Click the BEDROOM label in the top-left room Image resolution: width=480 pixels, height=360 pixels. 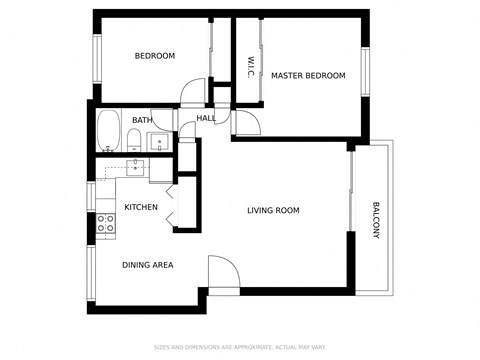pyautogui.click(x=155, y=56)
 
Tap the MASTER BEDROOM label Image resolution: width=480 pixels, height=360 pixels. pyautogui.click(x=308, y=76)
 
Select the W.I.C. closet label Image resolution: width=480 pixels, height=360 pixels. pyautogui.click(x=250, y=67)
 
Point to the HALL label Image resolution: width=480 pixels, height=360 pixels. pyautogui.click(x=206, y=118)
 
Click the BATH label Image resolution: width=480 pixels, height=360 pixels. pyautogui.click(x=142, y=121)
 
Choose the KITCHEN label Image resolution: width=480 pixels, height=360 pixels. pyautogui.click(x=141, y=207)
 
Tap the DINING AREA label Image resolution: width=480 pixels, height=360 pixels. pyautogui.click(x=148, y=265)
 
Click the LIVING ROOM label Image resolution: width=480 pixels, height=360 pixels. pyautogui.click(x=274, y=210)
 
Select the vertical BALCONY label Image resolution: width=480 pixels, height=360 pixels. pyautogui.click(x=376, y=221)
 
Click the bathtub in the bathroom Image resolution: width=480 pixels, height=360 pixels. pyautogui.click(x=108, y=131)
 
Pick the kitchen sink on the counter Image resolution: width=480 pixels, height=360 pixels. pyautogui.click(x=137, y=167)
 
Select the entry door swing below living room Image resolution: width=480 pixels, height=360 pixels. pyautogui.click(x=222, y=274)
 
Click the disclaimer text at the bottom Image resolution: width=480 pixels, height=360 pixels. pyautogui.click(x=240, y=347)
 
